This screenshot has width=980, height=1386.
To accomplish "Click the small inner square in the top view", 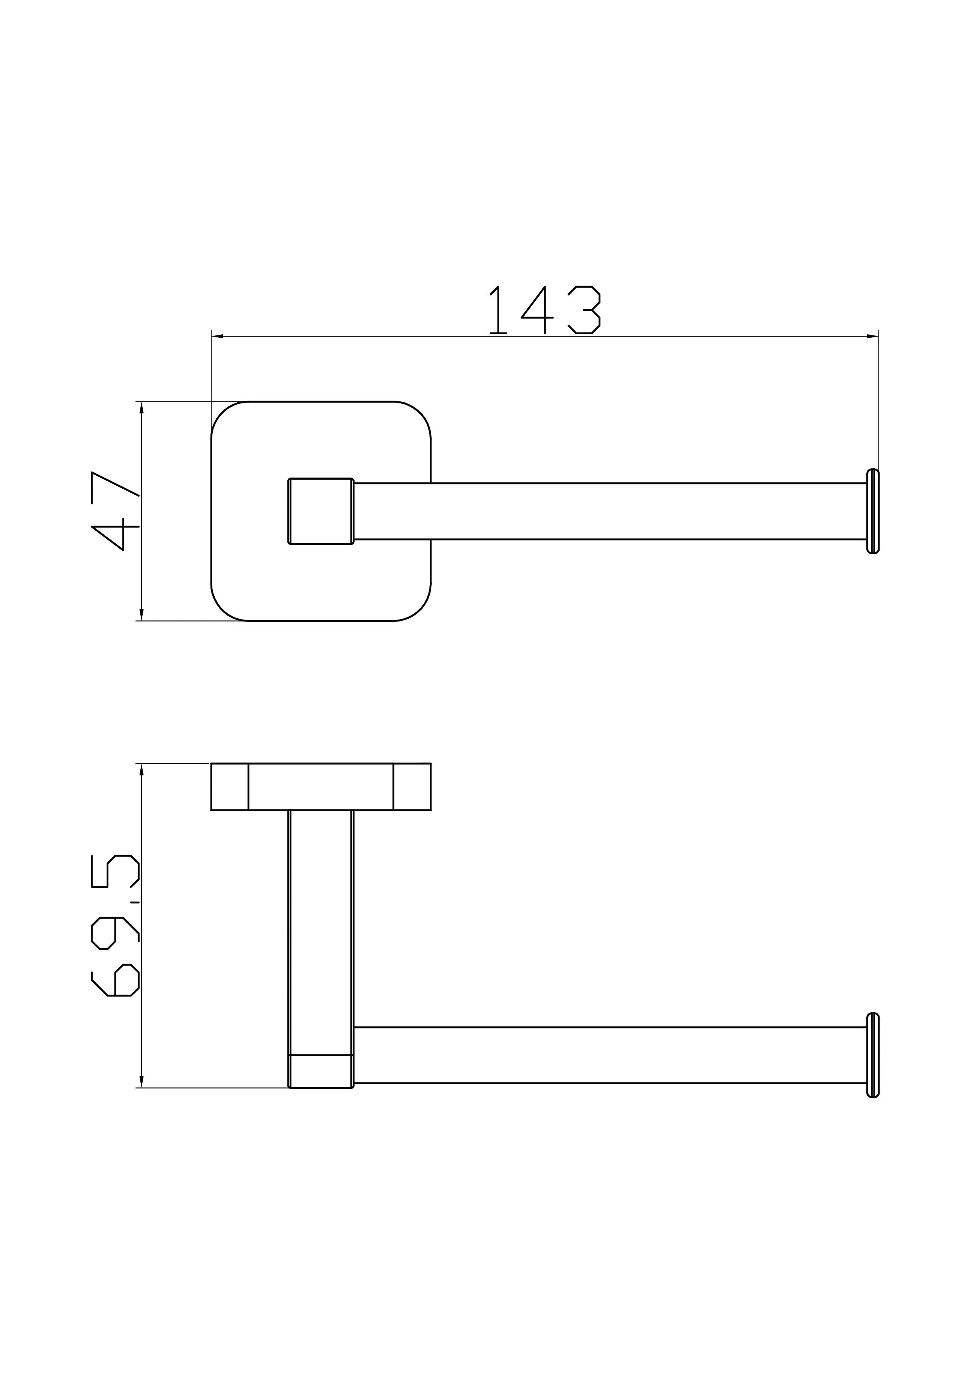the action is pyautogui.click(x=321, y=511).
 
